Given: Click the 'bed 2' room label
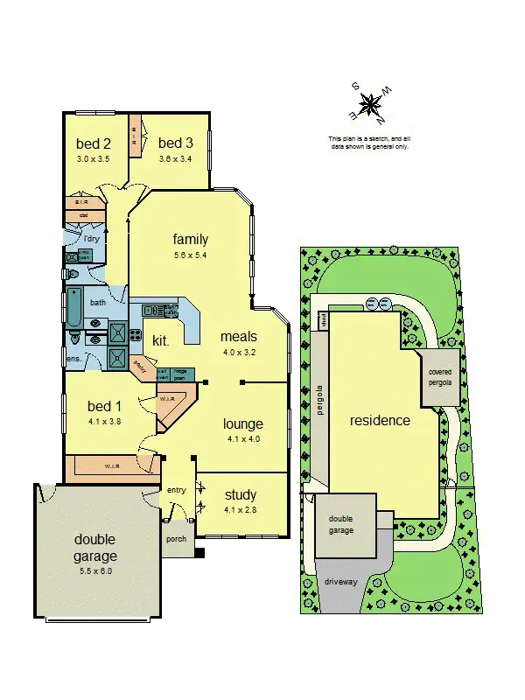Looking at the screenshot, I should [x=94, y=143].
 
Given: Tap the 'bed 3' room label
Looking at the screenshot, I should [x=176, y=143].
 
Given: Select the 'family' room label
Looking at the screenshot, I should [x=191, y=240].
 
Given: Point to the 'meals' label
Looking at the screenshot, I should [x=239, y=336].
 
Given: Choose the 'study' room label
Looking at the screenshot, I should [x=241, y=495].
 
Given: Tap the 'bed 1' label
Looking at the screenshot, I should [x=105, y=406].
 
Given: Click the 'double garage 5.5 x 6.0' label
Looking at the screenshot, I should [x=94, y=548].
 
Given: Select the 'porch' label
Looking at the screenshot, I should [x=176, y=539].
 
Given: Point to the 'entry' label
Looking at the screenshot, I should [x=177, y=490].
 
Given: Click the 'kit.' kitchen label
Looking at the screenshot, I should [x=161, y=339].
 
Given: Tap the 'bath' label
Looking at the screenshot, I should [x=98, y=303].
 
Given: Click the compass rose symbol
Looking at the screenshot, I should [x=371, y=105].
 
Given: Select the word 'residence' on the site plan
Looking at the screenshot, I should [x=380, y=420].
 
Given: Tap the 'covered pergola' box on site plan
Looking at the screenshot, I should [x=440, y=377].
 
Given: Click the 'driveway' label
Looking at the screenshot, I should [x=341, y=581].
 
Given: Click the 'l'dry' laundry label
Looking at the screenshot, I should [x=92, y=239].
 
